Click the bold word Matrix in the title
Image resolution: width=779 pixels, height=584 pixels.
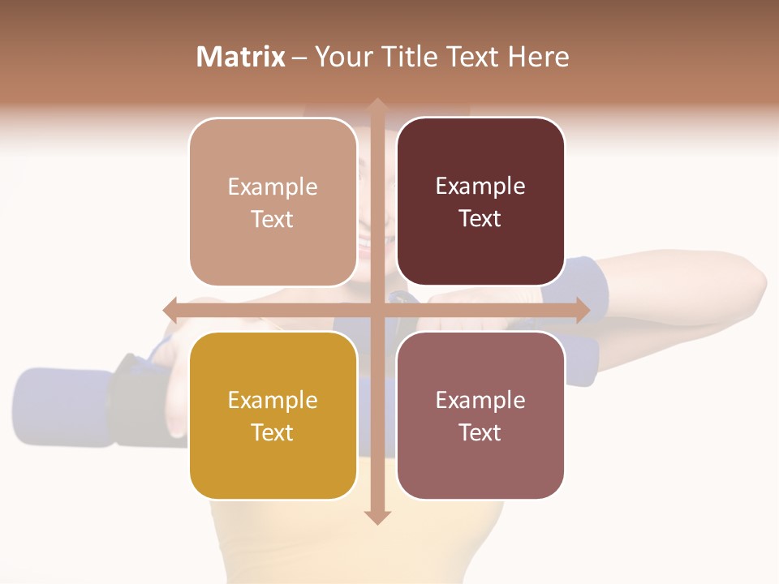[240, 57]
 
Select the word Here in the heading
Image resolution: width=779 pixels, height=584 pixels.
[539, 57]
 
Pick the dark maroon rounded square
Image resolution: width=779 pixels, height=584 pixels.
[480, 202]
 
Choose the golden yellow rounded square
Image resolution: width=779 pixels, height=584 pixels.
[273, 415]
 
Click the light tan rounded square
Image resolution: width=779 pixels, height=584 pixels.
[273, 202]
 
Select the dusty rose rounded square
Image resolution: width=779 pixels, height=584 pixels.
[480, 415]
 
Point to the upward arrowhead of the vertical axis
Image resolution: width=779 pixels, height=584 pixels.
[377, 105]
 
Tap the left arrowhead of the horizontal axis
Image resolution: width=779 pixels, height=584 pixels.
[170, 310]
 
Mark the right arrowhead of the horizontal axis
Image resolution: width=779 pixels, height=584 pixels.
[582, 310]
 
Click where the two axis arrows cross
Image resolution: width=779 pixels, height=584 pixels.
[377, 310]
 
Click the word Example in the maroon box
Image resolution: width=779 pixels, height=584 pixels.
[480, 187]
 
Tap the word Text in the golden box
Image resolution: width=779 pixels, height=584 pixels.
[273, 432]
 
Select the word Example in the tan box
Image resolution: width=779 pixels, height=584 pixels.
[273, 187]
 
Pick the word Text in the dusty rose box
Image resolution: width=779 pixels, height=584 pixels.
[480, 432]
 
